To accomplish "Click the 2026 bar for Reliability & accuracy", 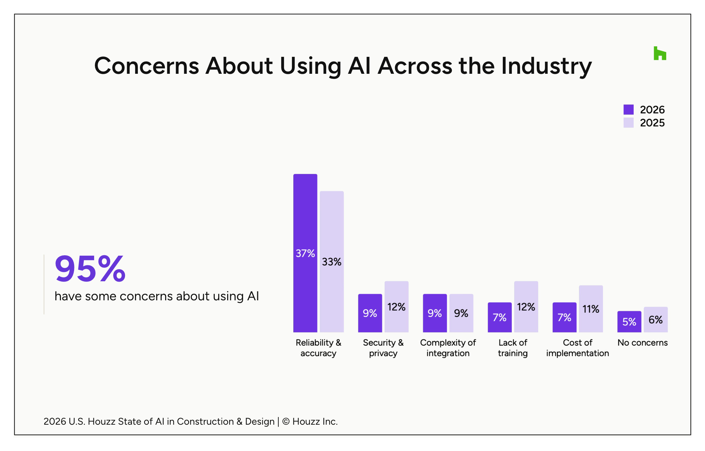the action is click(305, 253).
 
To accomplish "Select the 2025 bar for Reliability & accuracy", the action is click(332, 262).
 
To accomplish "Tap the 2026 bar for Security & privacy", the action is click(370, 313).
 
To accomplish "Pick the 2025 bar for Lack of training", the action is click(526, 307).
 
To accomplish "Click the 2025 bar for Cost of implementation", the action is click(591, 309).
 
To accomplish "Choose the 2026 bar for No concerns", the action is click(629, 321).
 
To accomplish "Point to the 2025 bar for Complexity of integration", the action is click(461, 313).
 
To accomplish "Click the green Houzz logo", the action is click(660, 53).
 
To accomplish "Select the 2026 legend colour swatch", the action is click(628, 109).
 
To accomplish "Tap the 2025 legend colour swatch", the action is click(628, 123).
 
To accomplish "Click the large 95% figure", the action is click(90, 269).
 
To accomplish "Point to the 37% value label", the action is click(305, 253).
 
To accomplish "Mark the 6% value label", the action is click(655, 319).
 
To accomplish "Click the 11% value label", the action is click(591, 309).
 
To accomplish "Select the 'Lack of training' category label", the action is click(513, 348).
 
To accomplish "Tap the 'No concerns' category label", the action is click(643, 343).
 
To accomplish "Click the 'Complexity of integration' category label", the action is click(448, 348).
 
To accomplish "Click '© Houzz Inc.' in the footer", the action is click(310, 421).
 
